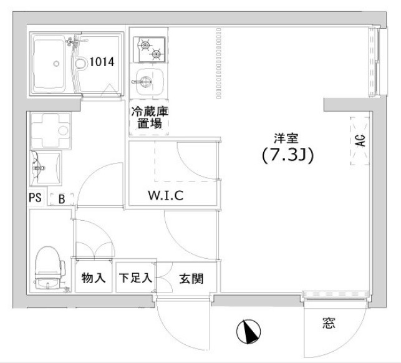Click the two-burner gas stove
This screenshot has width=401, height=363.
click(x=149, y=49)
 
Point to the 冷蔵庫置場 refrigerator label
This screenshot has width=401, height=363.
click(x=149, y=118)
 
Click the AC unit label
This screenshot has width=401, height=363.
click(x=360, y=142)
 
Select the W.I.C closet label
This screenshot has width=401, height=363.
click(x=165, y=195)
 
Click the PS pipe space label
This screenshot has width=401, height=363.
click(x=36, y=199)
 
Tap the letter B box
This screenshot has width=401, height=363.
click(x=62, y=200)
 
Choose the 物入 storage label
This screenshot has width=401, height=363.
click(x=94, y=278)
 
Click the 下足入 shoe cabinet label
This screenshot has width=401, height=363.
click(x=135, y=278)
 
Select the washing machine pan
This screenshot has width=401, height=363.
click(x=50, y=130)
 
